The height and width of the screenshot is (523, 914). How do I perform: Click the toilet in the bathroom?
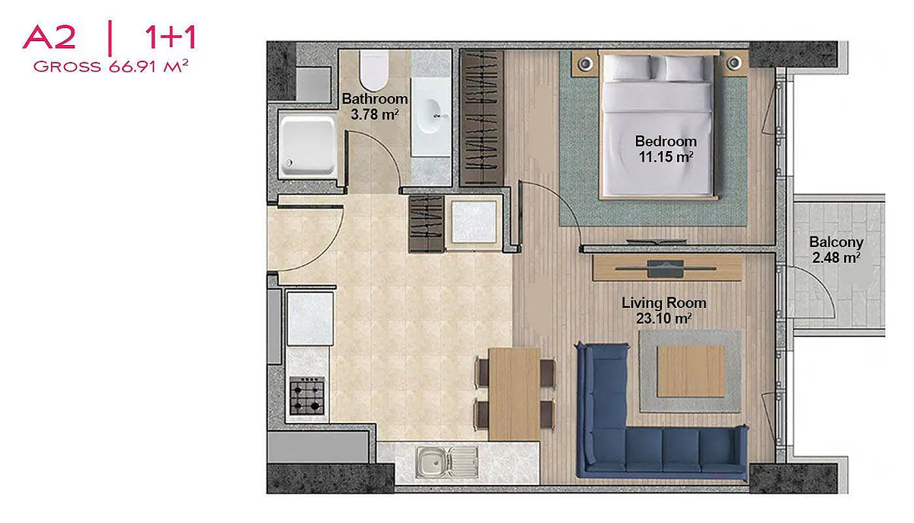tap(373, 70)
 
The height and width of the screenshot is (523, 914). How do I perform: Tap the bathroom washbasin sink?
tap(430, 117)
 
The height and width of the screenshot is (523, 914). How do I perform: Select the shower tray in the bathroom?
tap(307, 146)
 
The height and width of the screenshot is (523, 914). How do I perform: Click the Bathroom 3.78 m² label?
tap(375, 106)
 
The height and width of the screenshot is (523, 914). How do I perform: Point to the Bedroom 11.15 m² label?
tap(666, 149)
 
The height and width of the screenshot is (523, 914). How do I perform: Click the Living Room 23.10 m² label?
tap(664, 311)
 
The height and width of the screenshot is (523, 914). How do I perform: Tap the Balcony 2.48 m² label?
tap(836, 250)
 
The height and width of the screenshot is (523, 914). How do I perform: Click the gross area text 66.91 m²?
tap(149, 66)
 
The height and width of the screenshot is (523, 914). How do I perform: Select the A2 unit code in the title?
tap(49, 37)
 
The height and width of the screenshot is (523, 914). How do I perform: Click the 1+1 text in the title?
tap(171, 37)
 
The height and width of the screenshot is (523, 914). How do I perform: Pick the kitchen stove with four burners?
tap(307, 396)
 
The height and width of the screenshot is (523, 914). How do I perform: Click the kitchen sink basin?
tap(432, 462)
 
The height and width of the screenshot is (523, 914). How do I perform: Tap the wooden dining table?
tap(513, 394)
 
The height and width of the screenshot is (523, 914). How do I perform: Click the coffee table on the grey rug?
tap(692, 371)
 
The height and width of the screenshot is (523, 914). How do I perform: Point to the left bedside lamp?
tap(586, 63)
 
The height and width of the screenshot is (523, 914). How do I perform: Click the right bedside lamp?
tap(734, 63)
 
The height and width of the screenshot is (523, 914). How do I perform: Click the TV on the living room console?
tap(665, 268)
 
